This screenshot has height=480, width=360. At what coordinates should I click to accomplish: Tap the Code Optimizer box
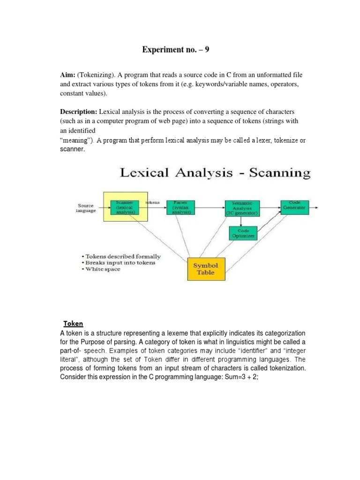point(243,233)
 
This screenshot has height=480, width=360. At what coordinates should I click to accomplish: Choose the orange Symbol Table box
point(205,269)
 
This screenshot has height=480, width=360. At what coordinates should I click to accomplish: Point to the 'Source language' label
point(85,208)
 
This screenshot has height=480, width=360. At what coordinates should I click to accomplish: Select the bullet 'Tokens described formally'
point(122,256)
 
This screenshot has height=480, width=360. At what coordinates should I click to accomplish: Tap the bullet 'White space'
point(102,269)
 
